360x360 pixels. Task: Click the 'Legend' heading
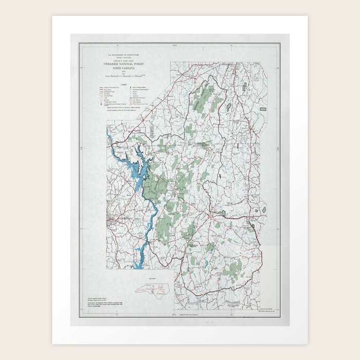(124, 83)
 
